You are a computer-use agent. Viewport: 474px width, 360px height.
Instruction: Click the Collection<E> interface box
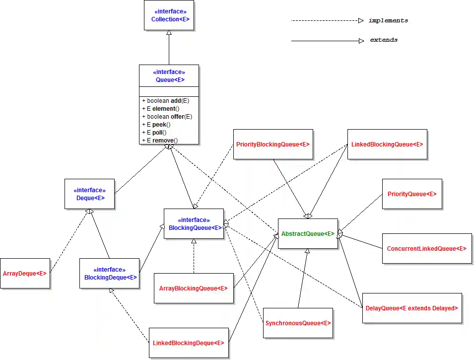click(169, 15)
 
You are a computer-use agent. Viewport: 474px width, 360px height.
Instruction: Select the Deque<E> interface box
click(89, 194)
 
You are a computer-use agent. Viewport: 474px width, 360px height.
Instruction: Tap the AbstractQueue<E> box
click(308, 233)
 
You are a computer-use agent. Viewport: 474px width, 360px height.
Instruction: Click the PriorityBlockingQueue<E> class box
click(273, 144)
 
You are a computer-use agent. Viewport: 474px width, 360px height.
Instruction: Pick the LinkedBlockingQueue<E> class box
click(387, 144)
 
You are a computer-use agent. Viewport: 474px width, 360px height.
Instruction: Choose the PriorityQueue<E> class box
click(412, 194)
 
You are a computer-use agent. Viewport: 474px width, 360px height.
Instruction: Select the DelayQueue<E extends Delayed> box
click(412, 308)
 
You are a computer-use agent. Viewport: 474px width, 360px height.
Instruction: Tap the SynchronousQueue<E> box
click(298, 323)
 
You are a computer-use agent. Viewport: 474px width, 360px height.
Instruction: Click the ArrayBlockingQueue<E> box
click(194, 288)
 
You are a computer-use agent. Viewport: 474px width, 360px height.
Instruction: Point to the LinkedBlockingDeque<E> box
click(189, 343)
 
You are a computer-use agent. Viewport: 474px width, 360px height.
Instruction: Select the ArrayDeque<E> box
click(25, 273)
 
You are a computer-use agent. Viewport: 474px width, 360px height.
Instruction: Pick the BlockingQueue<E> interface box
click(194, 223)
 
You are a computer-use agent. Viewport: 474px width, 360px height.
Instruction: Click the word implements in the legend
click(388, 21)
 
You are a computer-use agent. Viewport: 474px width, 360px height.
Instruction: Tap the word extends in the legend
click(384, 40)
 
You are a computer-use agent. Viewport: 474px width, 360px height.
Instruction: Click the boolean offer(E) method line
click(167, 117)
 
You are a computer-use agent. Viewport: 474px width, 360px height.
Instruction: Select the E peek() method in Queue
click(156, 125)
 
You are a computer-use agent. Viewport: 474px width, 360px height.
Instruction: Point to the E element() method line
click(161, 109)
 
